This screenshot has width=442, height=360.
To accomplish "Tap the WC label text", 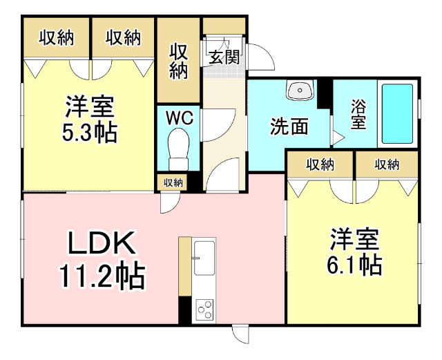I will tap(178, 117).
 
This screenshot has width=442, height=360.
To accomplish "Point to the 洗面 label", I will tap(289, 126).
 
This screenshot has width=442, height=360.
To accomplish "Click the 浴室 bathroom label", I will tap(358, 115).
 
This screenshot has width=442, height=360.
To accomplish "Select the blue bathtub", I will tap(397, 114).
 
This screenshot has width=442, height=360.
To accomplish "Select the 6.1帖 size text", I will tap(354, 263).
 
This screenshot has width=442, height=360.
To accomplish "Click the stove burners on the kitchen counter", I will tap(205, 309).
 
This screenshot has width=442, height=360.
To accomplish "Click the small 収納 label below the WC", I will tap(173, 182).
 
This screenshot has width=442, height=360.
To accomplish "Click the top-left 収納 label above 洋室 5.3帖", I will tap(56, 38).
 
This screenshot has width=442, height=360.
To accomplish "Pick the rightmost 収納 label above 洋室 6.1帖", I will tap(387, 164).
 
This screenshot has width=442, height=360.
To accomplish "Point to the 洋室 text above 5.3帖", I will tap(89, 107).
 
